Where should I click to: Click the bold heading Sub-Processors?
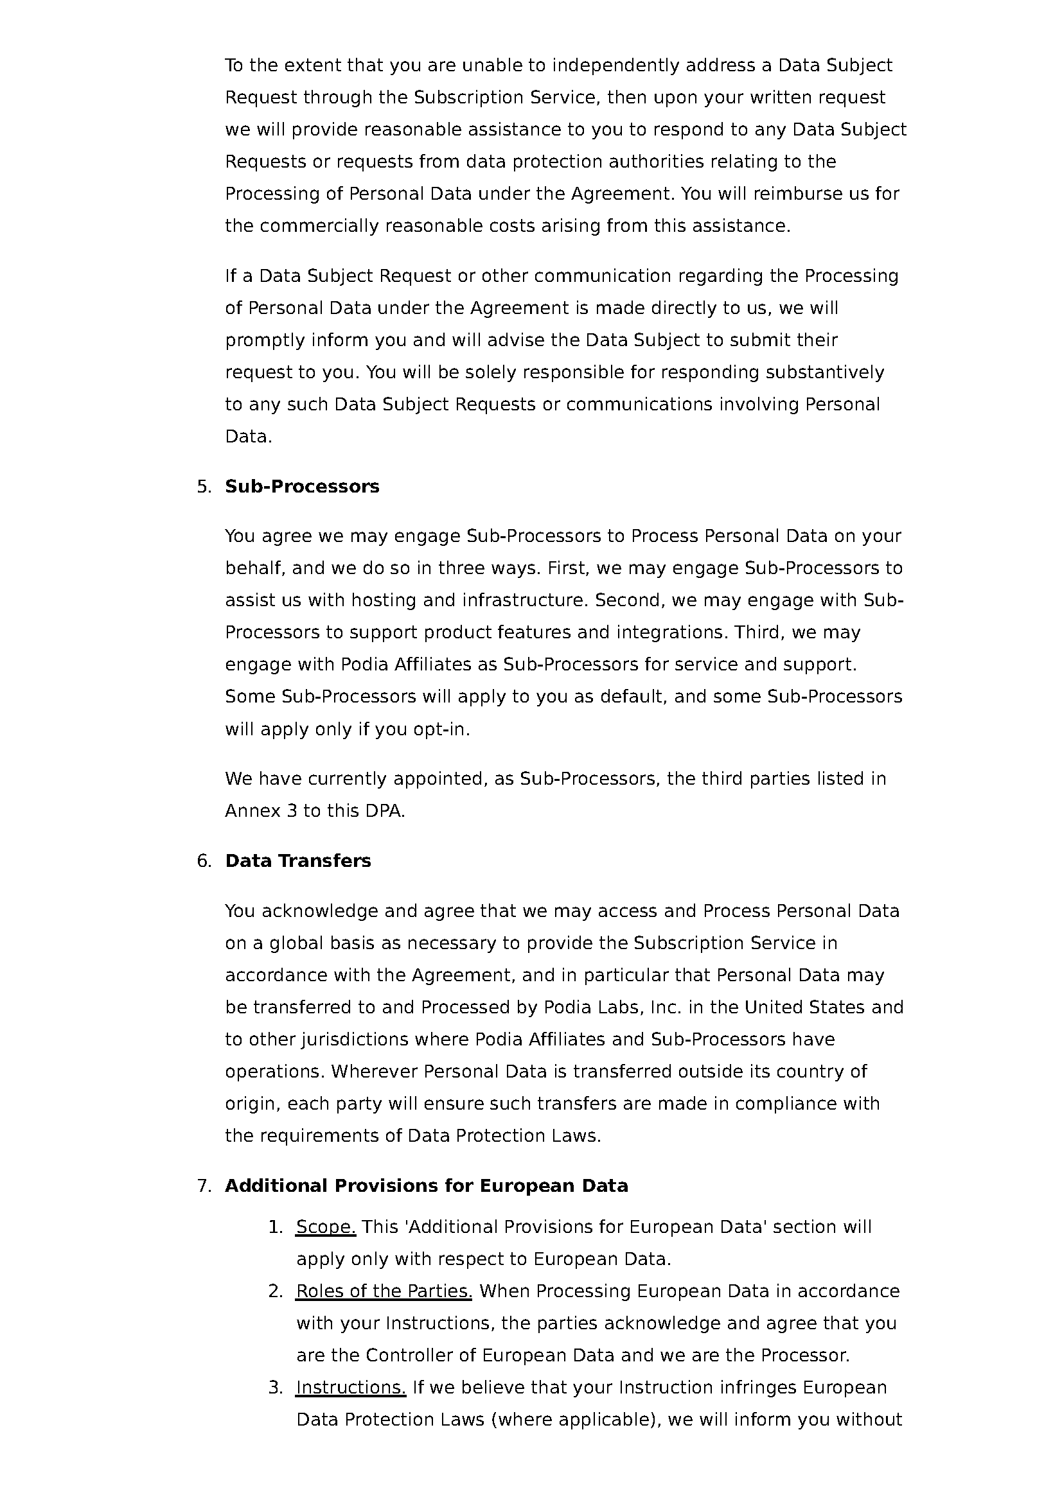point(302,487)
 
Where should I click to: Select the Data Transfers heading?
point(297,861)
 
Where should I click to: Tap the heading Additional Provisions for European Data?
point(426,1186)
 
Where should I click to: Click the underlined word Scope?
point(326,1227)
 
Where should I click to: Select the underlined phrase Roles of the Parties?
point(384,1291)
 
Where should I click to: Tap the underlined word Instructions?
point(351,1387)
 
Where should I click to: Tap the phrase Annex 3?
point(261,811)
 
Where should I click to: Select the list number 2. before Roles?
point(276,1291)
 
